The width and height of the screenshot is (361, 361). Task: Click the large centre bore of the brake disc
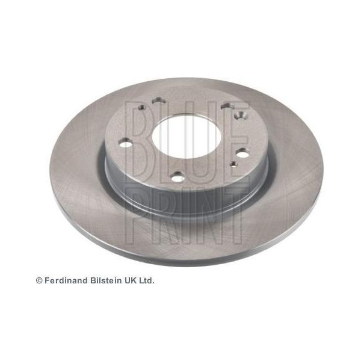tap(187, 137)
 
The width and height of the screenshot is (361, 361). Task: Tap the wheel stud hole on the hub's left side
tap(126, 144)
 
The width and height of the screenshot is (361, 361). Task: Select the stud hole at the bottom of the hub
tap(177, 177)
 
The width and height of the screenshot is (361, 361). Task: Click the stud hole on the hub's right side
tap(242, 153)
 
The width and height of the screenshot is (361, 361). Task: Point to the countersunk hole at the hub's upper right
tap(240, 115)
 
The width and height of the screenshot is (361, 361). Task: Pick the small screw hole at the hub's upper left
tap(141, 107)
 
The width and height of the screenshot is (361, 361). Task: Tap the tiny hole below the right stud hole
tap(234, 164)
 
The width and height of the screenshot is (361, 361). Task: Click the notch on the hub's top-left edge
tap(158, 100)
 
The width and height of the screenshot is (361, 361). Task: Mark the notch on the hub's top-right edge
tap(227, 105)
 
